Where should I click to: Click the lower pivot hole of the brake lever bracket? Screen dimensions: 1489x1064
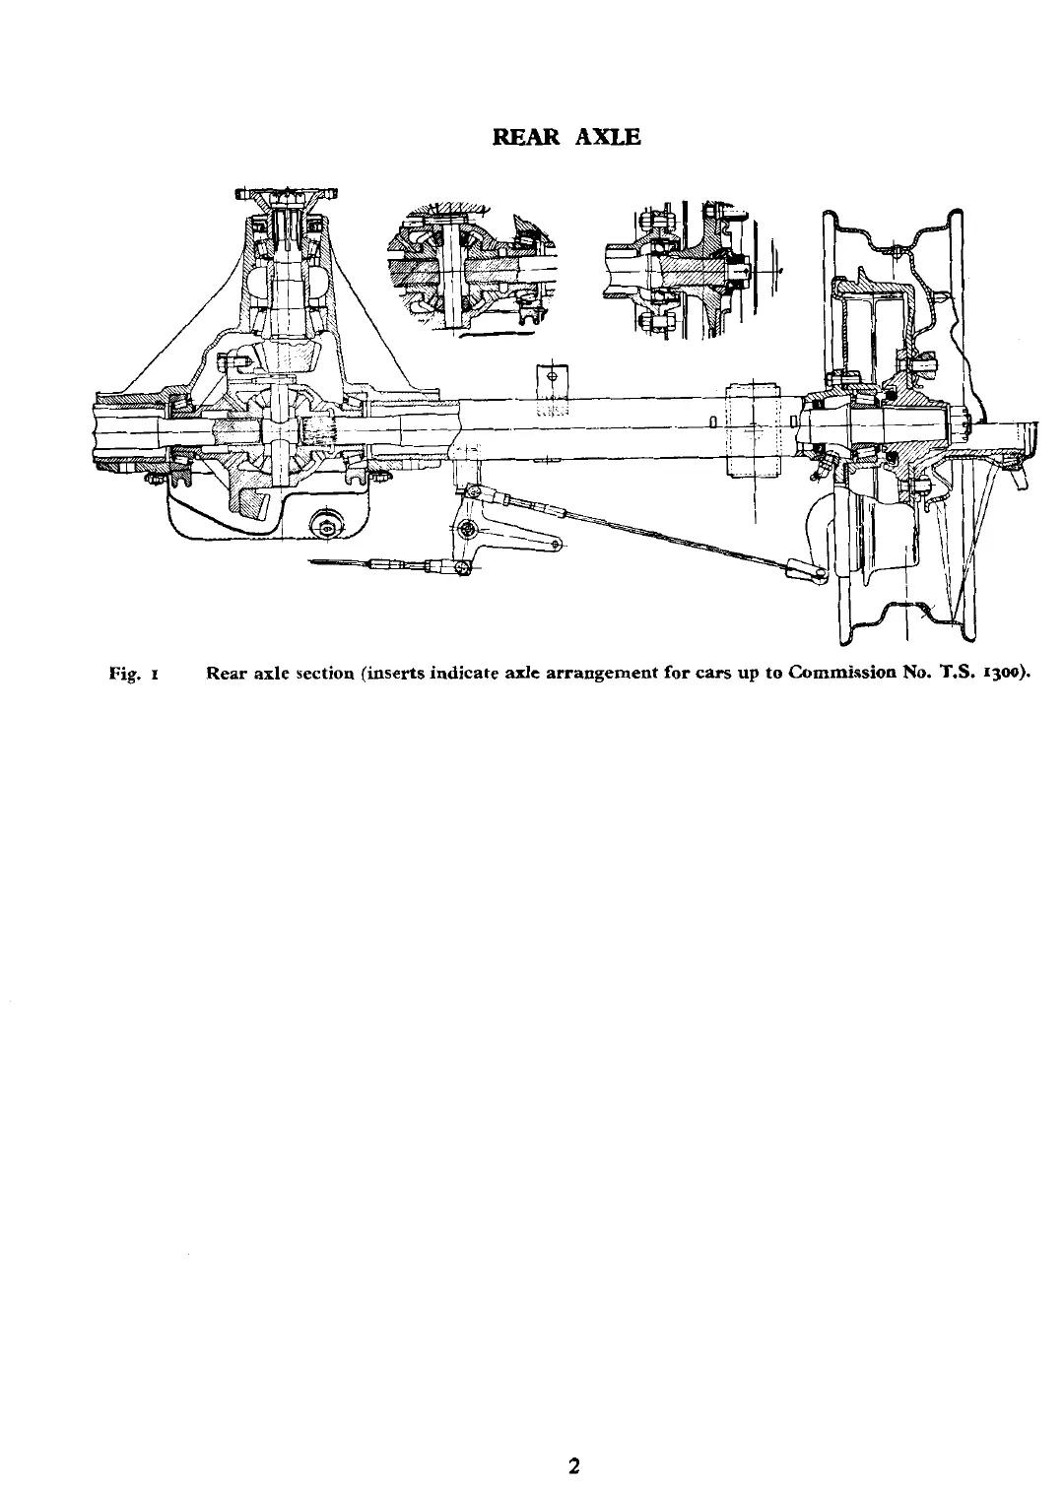click(x=558, y=543)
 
